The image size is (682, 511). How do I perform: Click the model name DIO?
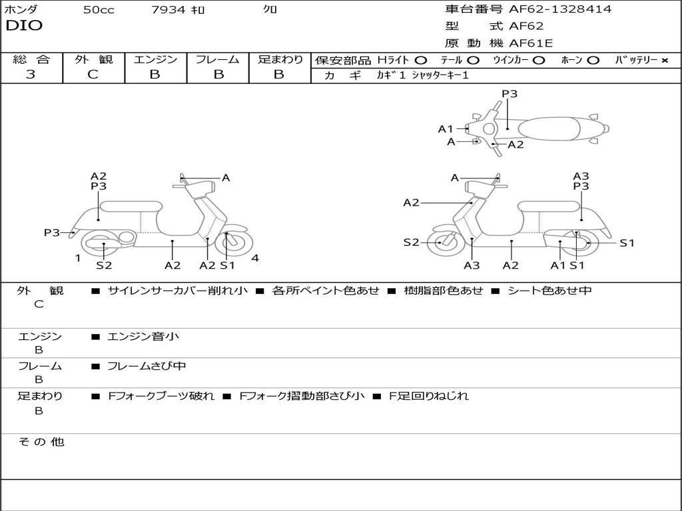[x=24, y=26]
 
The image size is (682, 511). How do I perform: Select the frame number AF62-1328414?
[x=559, y=9]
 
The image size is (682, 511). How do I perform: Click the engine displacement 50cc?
[x=99, y=10]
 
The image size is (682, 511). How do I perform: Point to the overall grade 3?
[x=31, y=75]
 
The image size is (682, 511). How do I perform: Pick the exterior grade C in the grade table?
[x=93, y=75]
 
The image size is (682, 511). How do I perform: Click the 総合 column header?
[x=31, y=59]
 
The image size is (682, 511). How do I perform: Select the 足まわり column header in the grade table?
[x=280, y=59]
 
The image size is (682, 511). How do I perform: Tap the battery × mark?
[x=665, y=61]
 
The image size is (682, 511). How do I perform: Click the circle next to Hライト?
[x=421, y=61]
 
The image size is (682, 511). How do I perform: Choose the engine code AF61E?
[x=531, y=44]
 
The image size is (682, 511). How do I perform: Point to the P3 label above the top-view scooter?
[x=510, y=94]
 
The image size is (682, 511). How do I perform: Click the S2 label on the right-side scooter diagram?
[x=412, y=243]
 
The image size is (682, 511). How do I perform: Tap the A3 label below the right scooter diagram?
[x=472, y=265]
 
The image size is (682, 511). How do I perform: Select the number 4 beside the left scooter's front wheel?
[x=255, y=258]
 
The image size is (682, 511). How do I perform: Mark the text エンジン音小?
[x=143, y=337]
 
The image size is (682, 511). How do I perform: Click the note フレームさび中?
[x=147, y=366]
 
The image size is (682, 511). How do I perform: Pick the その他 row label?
[x=41, y=442]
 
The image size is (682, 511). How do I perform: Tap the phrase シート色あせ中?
[x=549, y=290]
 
